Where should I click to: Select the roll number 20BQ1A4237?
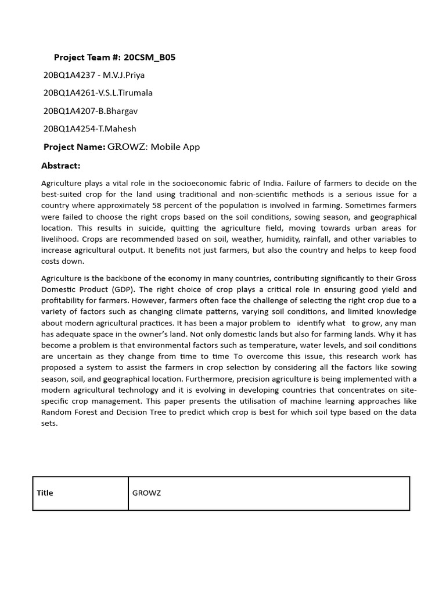pos(67,75)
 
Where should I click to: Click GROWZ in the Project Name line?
pos(128,147)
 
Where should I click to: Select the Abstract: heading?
pos(61,166)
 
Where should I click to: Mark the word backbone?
pos(129,278)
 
